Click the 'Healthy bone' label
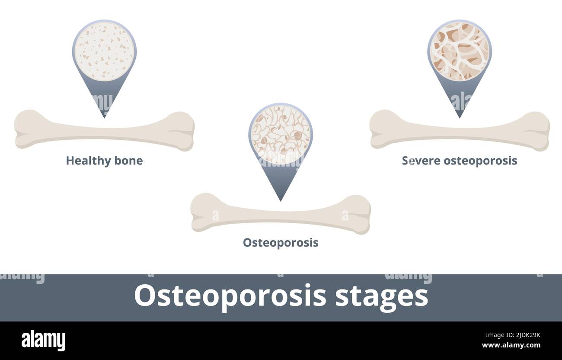point(104,161)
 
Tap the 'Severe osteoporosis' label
point(459,161)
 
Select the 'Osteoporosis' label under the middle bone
point(281,243)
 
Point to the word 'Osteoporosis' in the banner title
point(230,296)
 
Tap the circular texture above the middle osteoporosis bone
point(281,134)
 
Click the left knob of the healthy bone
point(27,129)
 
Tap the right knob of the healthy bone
point(182,131)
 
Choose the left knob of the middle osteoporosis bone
point(203,212)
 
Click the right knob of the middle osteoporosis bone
point(358,214)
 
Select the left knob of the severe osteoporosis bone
point(382,129)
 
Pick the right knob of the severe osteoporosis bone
point(537,131)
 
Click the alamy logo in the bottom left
point(43,341)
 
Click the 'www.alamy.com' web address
point(511,346)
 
